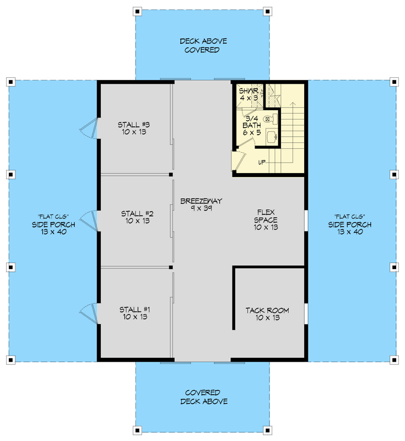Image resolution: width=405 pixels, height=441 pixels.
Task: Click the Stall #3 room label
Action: coord(135,128)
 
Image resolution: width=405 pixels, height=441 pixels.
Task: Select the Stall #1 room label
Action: coord(135,313)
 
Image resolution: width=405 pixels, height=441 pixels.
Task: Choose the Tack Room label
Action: coord(267,314)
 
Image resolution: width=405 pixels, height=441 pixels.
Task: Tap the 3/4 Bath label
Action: coord(252,125)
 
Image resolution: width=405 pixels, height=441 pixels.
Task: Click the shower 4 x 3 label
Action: coord(249,94)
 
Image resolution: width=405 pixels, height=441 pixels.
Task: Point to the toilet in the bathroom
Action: coord(268,119)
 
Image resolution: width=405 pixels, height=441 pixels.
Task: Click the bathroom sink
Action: coord(270,136)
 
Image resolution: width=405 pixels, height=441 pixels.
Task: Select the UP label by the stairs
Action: coord(262,162)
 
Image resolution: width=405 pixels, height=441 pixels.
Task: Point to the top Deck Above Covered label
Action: coord(203,45)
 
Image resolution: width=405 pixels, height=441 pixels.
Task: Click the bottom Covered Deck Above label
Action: coord(203,397)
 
